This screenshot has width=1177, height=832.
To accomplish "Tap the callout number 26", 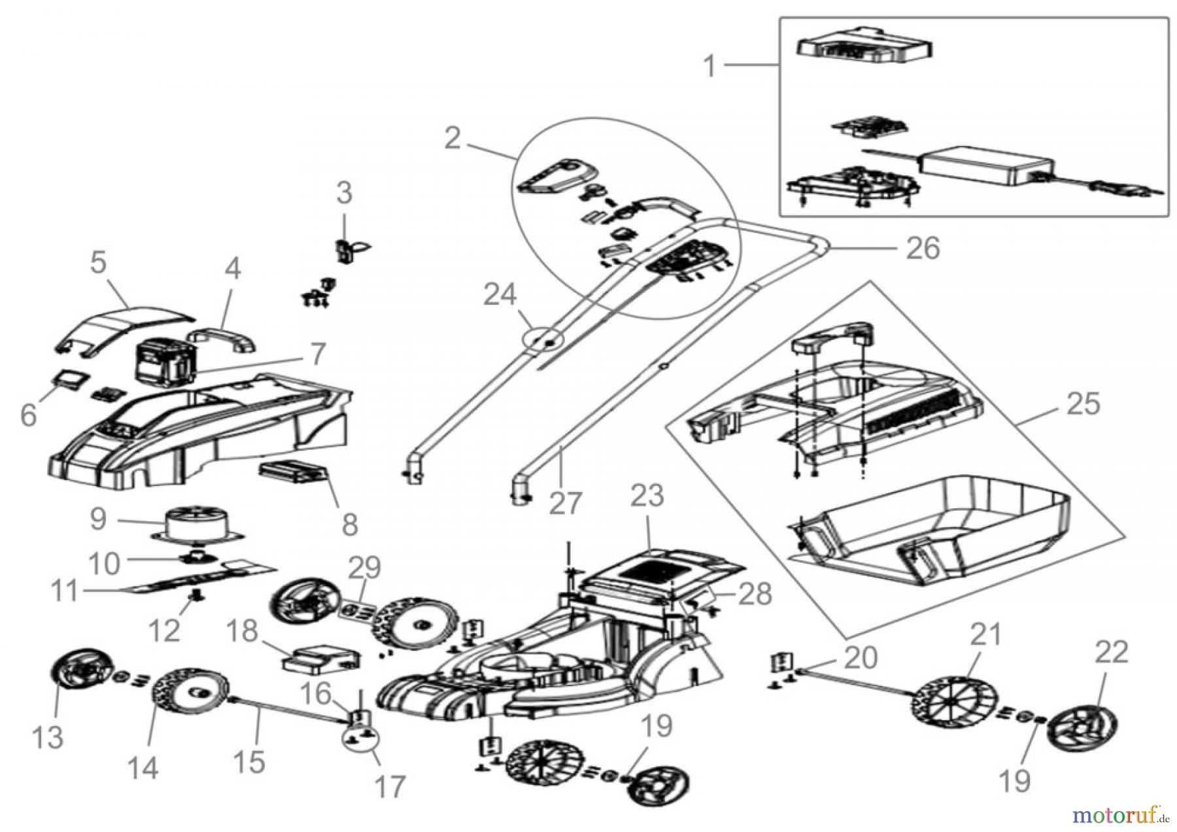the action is [x=923, y=248].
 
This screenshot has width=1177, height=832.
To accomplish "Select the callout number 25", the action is [x=1083, y=404].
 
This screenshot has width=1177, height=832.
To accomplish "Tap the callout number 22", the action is [x=1112, y=652].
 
